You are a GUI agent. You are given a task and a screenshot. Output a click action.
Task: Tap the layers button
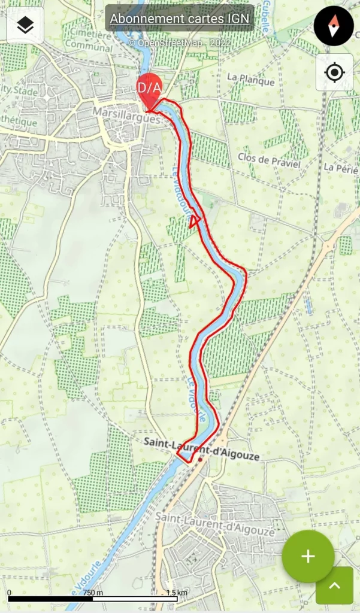(x=25, y=25)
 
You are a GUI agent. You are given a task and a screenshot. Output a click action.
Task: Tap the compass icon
(x=334, y=26)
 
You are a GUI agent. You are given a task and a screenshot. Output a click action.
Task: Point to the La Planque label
(x=251, y=81)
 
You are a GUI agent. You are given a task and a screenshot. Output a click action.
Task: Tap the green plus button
(x=308, y=556)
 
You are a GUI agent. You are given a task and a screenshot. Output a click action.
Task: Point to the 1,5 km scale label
(x=177, y=593)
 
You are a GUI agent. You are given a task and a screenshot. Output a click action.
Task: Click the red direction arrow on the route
(x=193, y=222)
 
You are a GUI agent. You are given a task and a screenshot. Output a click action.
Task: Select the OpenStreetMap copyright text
(x=179, y=43)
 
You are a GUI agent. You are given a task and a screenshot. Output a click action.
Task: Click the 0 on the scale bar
(x=10, y=593)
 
